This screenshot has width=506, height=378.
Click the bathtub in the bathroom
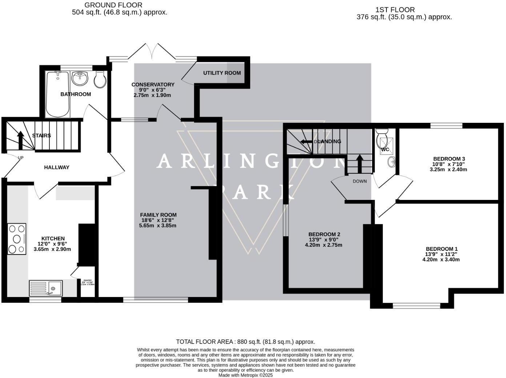pos(57,94)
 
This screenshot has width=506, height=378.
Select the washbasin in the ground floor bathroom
pos(80,78)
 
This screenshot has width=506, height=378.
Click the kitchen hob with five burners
pos(17,239)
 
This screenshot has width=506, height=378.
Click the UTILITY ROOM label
pos(222,73)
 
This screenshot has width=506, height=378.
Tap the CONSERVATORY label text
pos(153,85)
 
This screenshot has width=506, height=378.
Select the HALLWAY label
pos(56,168)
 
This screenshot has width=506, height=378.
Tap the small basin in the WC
pos(391,162)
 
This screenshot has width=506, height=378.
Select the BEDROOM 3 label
pos(449,159)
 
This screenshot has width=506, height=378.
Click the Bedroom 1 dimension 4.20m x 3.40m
pos(441,260)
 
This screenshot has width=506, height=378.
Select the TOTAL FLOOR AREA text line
pos(245,342)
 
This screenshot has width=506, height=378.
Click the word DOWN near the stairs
pos(360,181)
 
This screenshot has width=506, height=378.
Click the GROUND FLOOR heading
pos(113,5)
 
